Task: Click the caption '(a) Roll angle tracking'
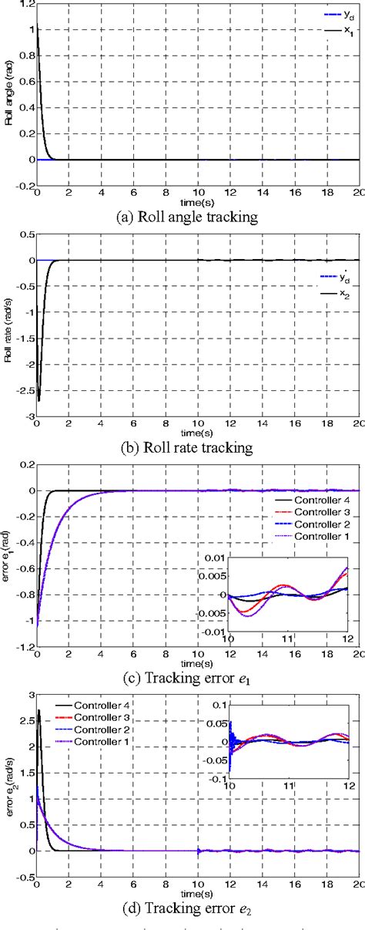tap(189, 217)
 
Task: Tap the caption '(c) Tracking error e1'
tap(189, 678)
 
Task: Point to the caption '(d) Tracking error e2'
tap(189, 909)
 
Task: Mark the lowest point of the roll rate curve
tap(39, 400)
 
